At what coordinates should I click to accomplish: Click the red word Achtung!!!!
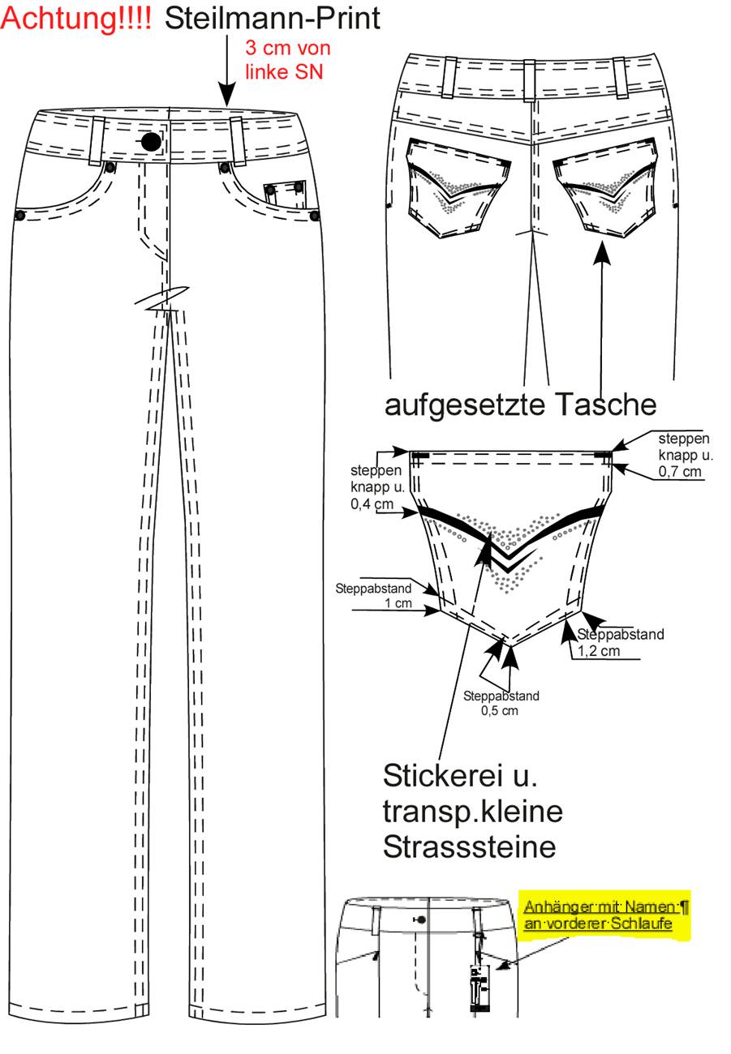tap(75, 19)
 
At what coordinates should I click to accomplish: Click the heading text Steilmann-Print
tap(273, 19)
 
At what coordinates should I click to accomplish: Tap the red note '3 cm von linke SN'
tap(287, 60)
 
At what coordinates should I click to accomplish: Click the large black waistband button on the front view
tap(151, 142)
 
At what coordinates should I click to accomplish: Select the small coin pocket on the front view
tap(284, 192)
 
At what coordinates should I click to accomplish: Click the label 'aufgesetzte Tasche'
tap(520, 405)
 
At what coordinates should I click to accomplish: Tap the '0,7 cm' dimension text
tap(680, 472)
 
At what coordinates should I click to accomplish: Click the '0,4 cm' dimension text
tap(372, 504)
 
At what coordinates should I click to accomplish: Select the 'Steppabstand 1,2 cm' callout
tap(621, 642)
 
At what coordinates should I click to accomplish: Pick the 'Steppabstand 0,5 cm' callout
tap(501, 703)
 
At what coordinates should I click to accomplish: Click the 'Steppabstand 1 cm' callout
tap(373, 596)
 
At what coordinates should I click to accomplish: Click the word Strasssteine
tap(469, 847)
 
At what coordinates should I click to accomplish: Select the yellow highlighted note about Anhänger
tap(604, 915)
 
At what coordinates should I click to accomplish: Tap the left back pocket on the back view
tap(458, 188)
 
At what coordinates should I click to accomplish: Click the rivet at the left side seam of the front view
tap(19, 216)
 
